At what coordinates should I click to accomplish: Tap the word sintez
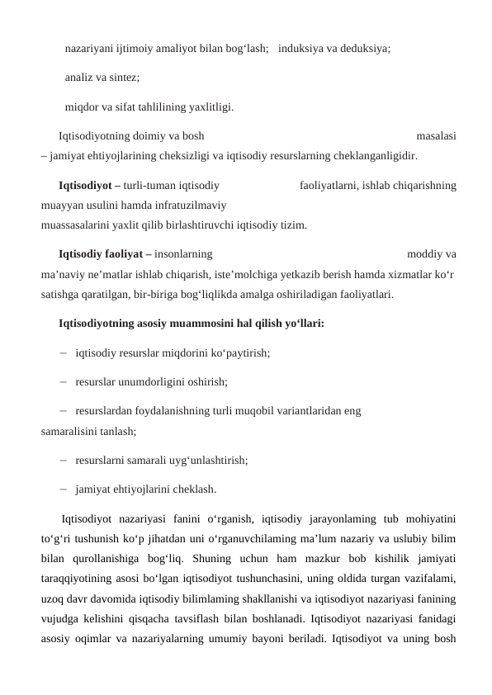[122, 78]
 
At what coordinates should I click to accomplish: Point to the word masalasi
[438, 136]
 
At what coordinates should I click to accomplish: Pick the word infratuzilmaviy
[192, 205]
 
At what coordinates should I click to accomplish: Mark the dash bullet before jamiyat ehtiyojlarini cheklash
[64, 489]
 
